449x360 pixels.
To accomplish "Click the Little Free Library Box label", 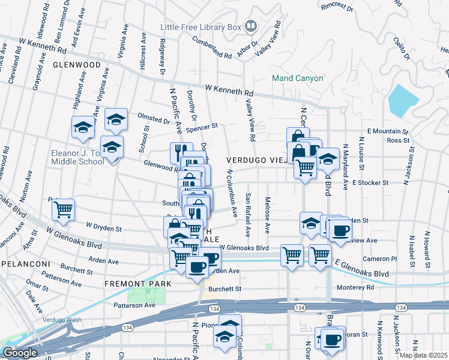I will [200, 27].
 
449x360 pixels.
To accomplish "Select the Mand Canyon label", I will [298, 78].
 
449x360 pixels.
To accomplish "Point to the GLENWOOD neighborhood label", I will [76, 65].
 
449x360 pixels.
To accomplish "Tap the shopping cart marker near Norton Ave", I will [63, 210].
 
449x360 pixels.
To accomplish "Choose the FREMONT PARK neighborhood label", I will [138, 284].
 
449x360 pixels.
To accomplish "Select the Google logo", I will [20, 353].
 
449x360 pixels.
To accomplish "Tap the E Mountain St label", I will [387, 131].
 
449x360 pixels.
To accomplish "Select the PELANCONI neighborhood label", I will [25, 264].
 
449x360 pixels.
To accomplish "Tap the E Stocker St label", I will [371, 182].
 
